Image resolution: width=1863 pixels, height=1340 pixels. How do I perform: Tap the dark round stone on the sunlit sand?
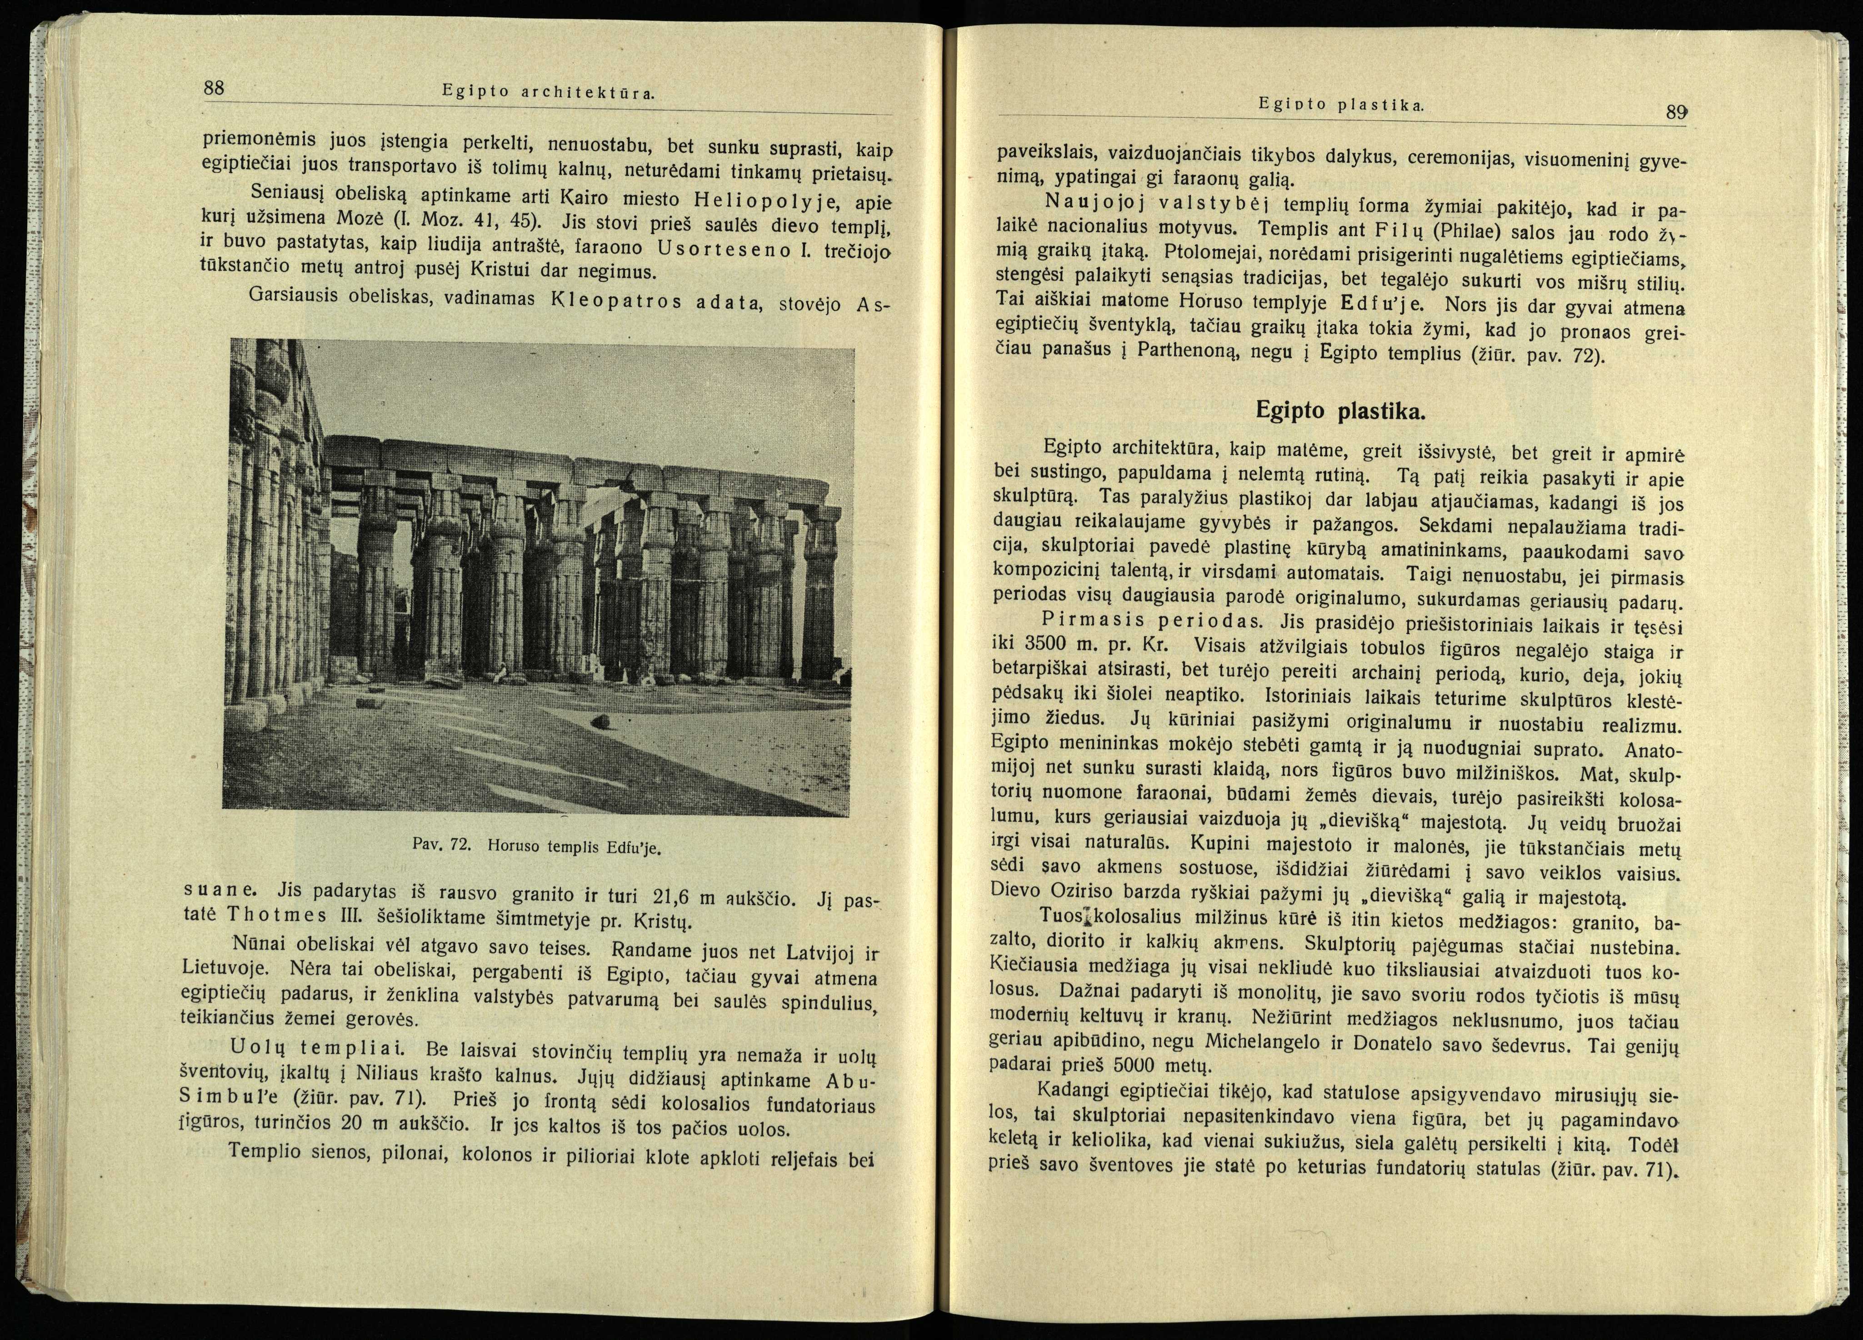point(600,721)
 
